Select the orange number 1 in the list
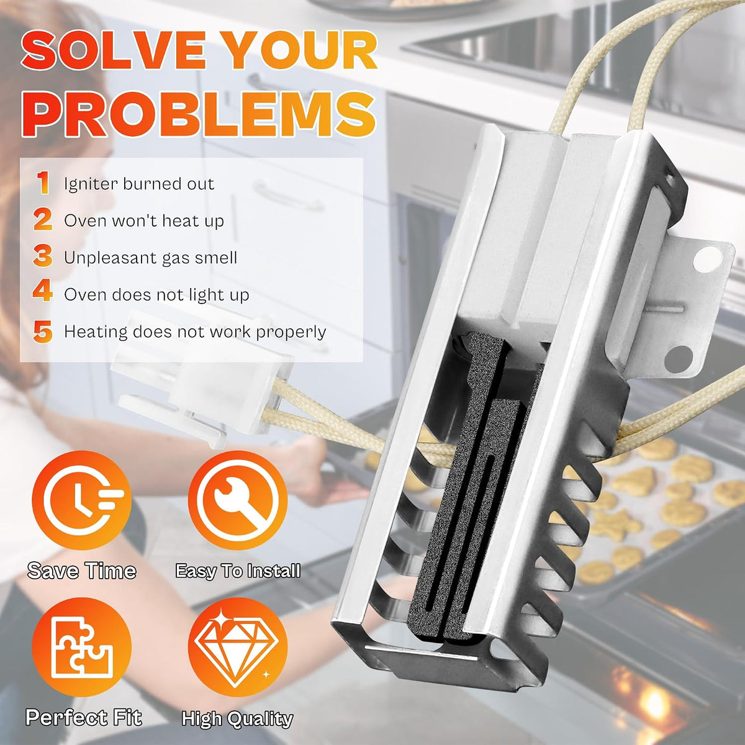[x=43, y=183]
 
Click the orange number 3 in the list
[x=43, y=256]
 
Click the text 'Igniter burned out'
[x=139, y=184]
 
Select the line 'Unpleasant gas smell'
[x=150, y=258]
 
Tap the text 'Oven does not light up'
[x=156, y=295]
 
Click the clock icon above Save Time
[x=81, y=500]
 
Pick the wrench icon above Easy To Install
[x=238, y=500]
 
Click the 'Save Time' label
[x=81, y=571]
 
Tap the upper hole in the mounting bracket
[x=707, y=259]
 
